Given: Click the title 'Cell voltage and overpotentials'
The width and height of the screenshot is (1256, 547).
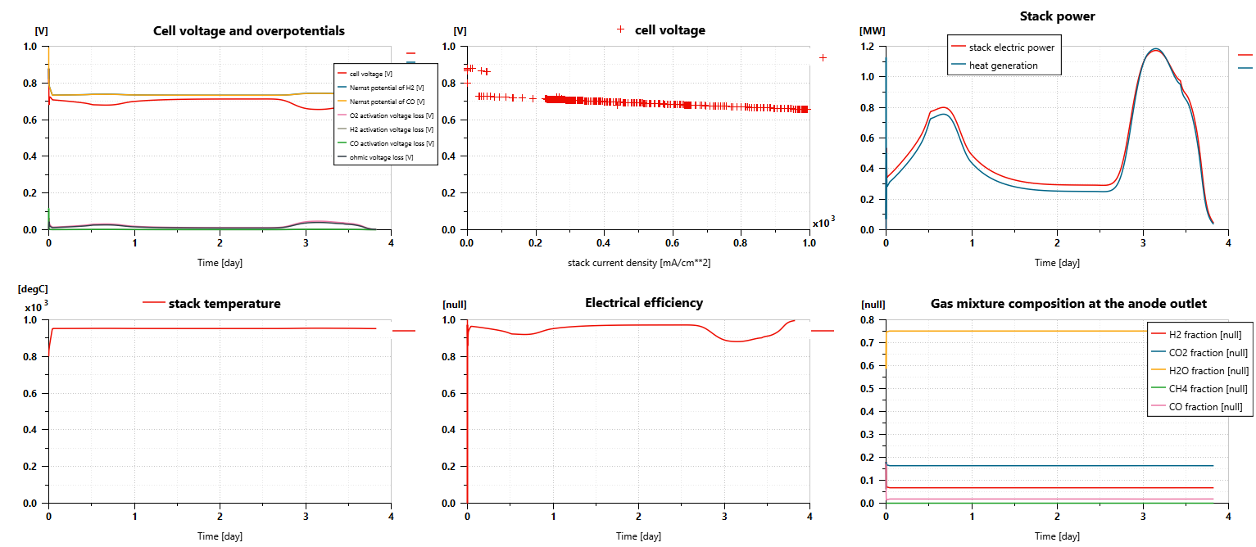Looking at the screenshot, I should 249,31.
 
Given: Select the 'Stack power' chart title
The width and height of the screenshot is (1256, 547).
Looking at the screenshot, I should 1057,16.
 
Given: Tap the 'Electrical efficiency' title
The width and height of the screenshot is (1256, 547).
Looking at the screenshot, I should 643,303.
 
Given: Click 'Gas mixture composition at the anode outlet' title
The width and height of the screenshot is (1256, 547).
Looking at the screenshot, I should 1068,304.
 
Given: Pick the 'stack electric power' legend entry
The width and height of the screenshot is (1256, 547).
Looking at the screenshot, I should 1011,47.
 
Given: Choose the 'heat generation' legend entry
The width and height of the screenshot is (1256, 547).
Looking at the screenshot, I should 1003,66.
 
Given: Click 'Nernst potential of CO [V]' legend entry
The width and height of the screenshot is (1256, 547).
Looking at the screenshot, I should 387,102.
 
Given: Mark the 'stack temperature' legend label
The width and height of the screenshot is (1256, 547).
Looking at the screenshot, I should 224,304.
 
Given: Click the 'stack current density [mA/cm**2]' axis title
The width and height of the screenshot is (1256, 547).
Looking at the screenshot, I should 638,263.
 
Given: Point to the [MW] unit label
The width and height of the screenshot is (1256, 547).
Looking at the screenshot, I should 872,31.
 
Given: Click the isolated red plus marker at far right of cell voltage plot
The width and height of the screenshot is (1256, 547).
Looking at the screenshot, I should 823,57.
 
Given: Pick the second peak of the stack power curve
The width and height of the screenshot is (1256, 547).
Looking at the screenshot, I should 1156,50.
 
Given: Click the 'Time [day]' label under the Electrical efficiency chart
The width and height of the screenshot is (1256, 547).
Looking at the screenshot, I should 638,536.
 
